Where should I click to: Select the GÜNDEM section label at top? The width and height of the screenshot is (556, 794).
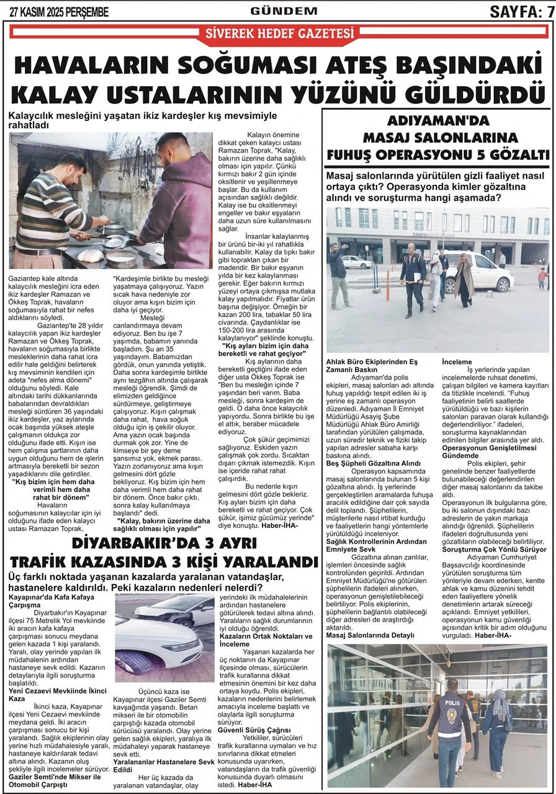pyautogui.click(x=284, y=11)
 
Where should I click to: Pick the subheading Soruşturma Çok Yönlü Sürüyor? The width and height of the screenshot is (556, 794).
pyautogui.click(x=494, y=549)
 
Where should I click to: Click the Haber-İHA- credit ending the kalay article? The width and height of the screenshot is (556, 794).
pyautogui.click(x=280, y=525)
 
